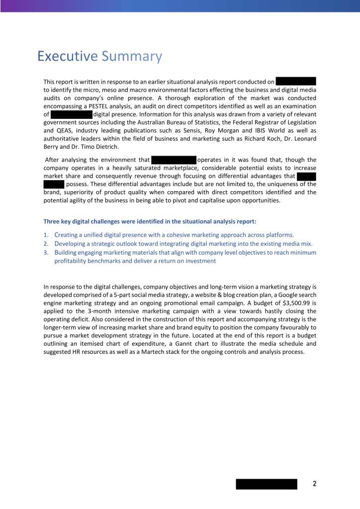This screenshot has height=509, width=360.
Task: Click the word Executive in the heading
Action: pyautogui.click(x=68, y=56)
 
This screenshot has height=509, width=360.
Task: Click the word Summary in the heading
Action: pyautogui.click(x=132, y=57)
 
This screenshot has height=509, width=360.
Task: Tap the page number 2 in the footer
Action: pyautogui.click(x=315, y=484)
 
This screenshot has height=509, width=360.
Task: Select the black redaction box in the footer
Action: pyautogui.click(x=266, y=484)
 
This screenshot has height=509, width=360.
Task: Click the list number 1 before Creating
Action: pyautogui.click(x=46, y=235)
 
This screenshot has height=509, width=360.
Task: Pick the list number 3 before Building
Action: pyautogui.click(x=46, y=253)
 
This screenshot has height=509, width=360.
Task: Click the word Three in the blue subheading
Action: pyautogui.click(x=52, y=221)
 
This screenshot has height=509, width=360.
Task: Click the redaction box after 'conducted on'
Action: pyautogui.click(x=296, y=81)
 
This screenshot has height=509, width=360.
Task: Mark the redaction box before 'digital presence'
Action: pyautogui.click(x=72, y=114)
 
